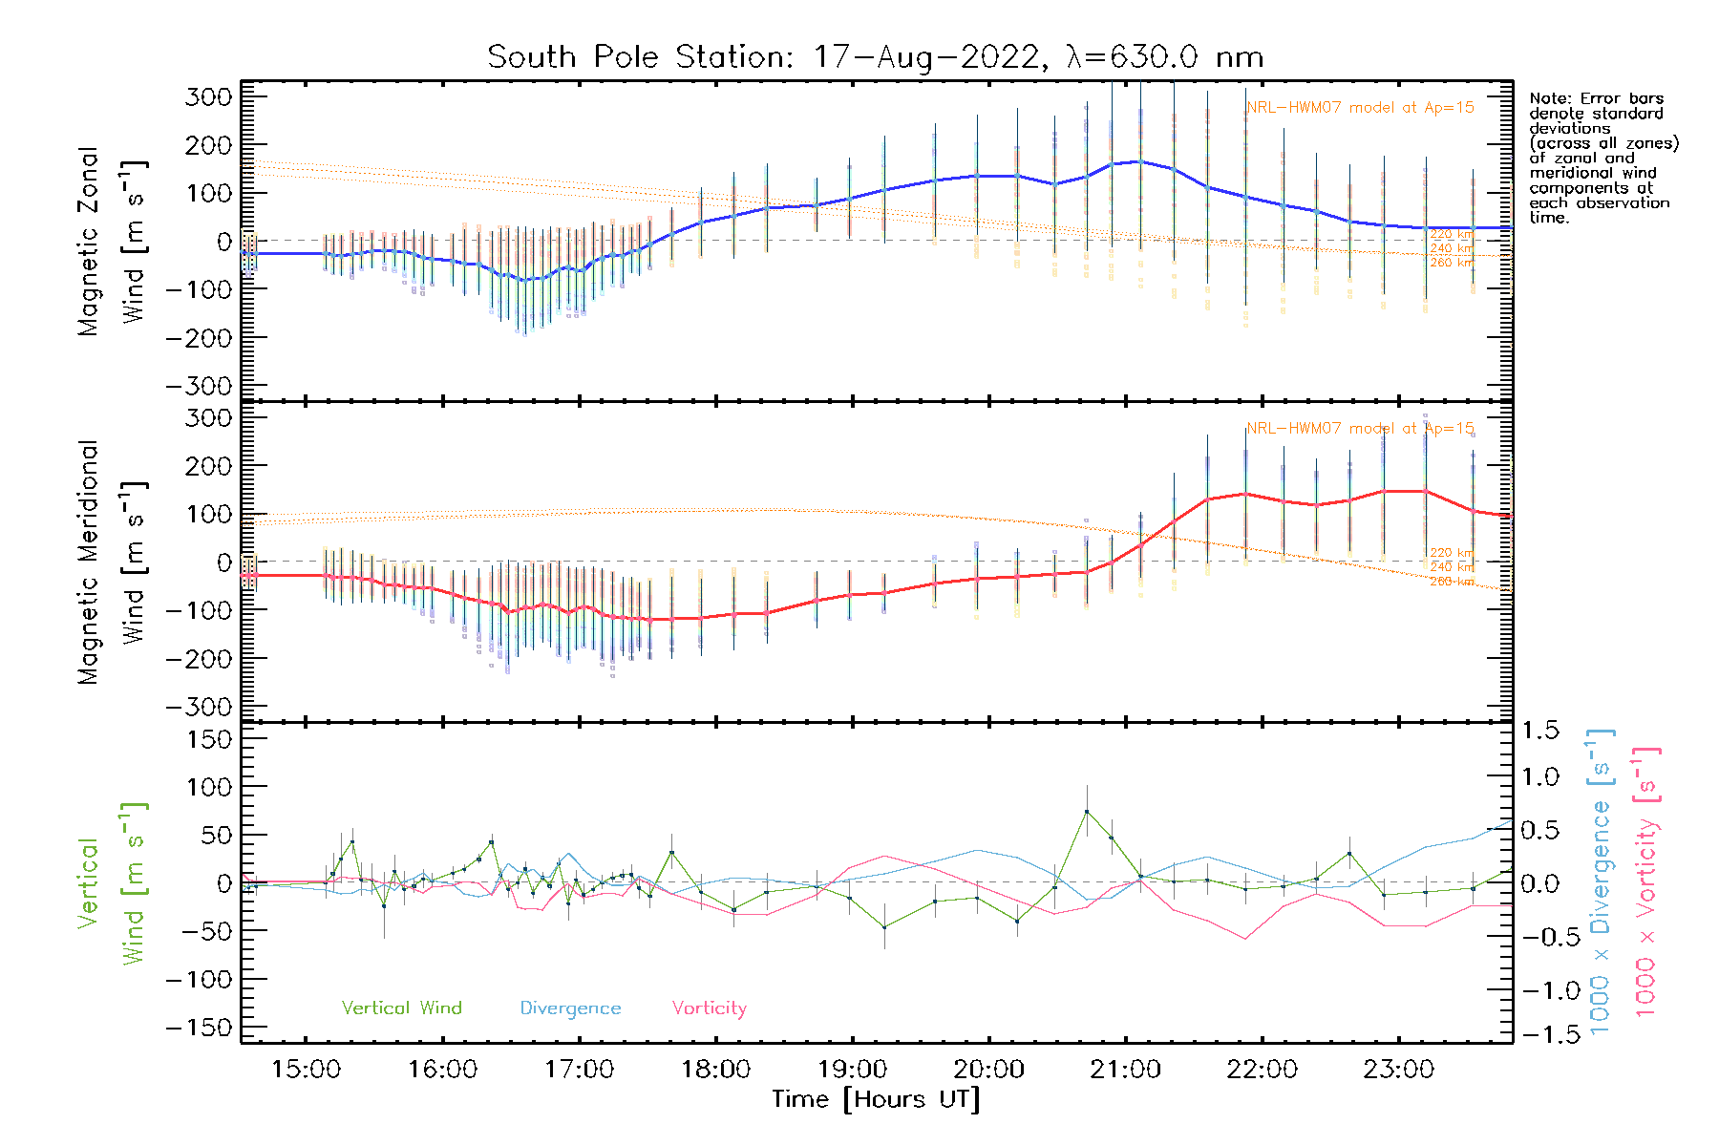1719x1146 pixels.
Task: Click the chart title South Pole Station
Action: point(875,57)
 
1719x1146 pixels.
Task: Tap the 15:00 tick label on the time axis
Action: point(306,1070)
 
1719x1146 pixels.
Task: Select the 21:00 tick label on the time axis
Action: point(1125,1070)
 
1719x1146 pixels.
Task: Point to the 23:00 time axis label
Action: point(1398,1070)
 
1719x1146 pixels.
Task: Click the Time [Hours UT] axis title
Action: point(875,1099)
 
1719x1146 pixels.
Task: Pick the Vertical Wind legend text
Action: point(401,1008)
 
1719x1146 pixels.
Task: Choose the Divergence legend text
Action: point(570,1008)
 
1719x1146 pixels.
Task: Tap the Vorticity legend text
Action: point(709,1008)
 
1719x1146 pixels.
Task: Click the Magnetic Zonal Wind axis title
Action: point(111,241)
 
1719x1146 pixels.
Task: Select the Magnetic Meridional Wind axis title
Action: point(111,562)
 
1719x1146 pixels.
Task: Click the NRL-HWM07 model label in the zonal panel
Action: point(1360,108)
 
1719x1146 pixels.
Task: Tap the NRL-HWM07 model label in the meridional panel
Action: point(1360,429)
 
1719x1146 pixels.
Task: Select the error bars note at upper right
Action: point(1602,158)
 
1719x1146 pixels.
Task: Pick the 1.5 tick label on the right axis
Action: point(1540,731)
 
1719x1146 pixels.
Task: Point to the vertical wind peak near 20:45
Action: point(1086,812)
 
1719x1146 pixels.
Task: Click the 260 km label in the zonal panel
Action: point(1452,263)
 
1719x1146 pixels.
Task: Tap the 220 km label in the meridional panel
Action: point(1452,553)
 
